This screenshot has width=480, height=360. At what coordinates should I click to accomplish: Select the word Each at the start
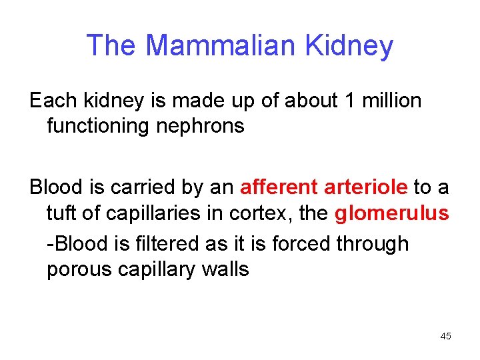coord(53,101)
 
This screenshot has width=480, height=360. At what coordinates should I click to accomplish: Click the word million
coord(389,101)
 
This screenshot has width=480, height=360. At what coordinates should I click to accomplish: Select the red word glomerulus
coord(391,213)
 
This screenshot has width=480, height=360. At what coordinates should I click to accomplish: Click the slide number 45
coord(446,336)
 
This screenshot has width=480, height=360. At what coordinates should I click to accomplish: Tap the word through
coord(372,243)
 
